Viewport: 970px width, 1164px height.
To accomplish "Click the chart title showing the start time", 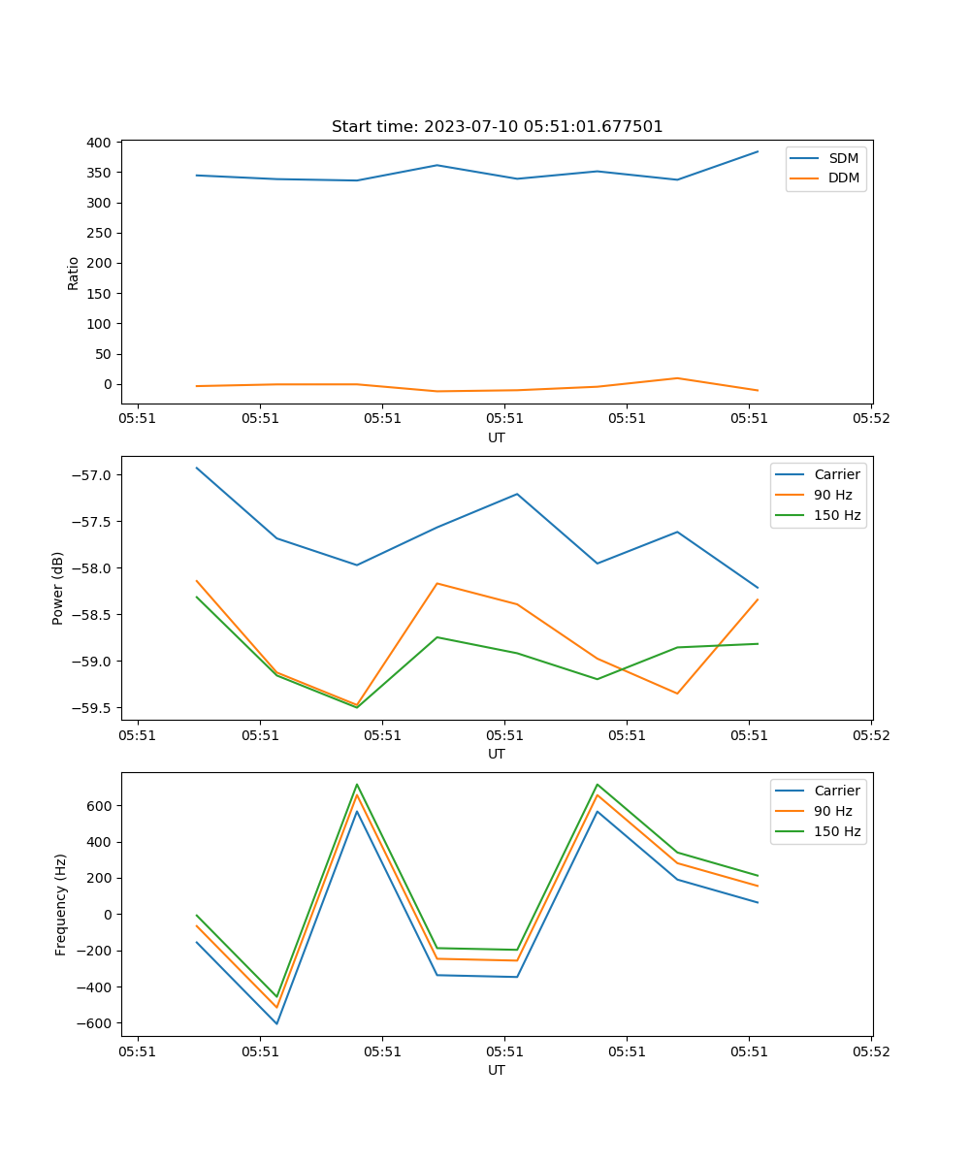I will tap(497, 127).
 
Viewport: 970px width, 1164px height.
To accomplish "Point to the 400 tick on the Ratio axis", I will tap(99, 143).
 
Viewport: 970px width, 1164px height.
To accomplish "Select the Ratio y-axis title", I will tap(74, 273).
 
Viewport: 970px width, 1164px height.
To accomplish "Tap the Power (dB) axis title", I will tap(58, 588).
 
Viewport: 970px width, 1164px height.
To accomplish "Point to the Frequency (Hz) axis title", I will tap(61, 904).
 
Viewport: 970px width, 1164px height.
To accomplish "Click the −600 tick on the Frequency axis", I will tap(95, 1023).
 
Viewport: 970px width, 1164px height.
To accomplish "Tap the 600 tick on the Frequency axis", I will tap(100, 806).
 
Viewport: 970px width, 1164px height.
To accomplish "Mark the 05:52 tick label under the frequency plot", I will tap(870, 1051).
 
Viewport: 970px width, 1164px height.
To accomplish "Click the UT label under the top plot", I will tap(497, 437).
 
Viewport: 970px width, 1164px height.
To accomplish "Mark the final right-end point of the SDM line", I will tap(758, 151).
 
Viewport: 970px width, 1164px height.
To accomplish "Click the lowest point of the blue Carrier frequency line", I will tap(276, 1023).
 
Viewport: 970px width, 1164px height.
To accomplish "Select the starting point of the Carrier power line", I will tap(197, 468).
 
